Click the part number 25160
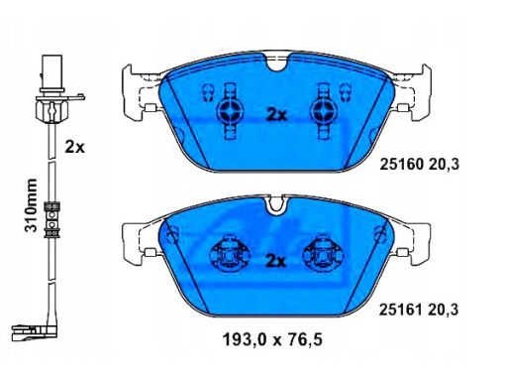click(x=401, y=165)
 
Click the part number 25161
click(x=401, y=310)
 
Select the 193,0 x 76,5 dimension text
click(x=272, y=339)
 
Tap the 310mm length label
click(x=32, y=205)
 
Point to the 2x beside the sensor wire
click(x=74, y=147)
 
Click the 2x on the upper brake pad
click(x=276, y=115)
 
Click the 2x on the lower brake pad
click(x=276, y=261)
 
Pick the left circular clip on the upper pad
click(x=231, y=112)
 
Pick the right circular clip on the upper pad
click(x=324, y=112)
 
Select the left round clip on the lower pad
click(x=230, y=255)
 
